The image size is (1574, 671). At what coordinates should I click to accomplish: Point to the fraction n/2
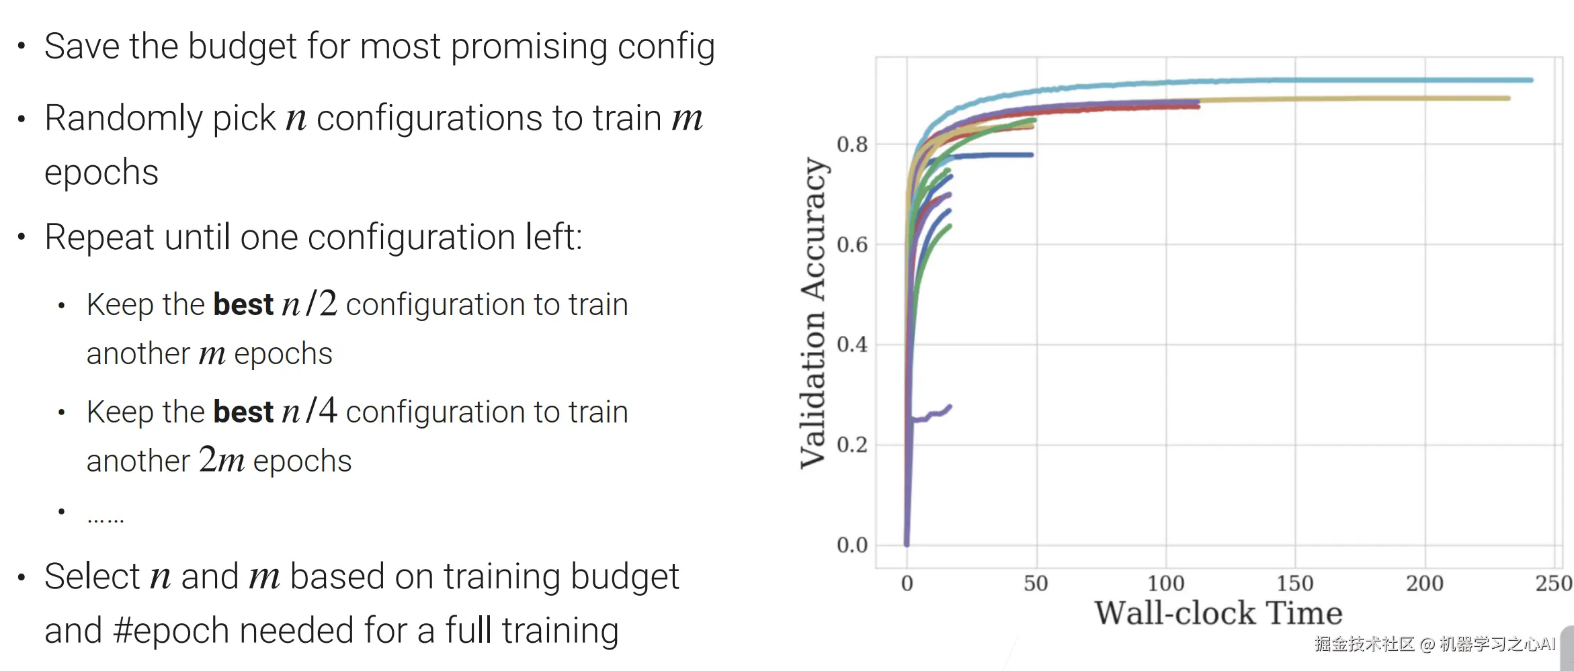(309, 304)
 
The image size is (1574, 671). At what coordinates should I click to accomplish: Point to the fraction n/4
(309, 412)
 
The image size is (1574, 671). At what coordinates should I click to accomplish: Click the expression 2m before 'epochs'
(222, 461)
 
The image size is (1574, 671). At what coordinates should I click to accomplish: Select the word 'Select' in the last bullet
(92, 577)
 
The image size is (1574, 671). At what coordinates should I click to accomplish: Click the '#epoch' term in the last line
(172, 631)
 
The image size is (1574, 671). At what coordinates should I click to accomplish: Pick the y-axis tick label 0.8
(852, 144)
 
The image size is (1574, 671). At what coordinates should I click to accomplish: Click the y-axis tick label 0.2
(852, 445)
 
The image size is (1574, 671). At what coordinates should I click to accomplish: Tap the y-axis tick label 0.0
(852, 545)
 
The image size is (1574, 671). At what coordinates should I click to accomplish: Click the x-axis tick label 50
(1036, 583)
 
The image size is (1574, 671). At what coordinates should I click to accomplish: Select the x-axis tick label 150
(1295, 583)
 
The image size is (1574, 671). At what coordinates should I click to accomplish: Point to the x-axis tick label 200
(1425, 583)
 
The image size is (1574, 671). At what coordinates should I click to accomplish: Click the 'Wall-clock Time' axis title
(1218, 613)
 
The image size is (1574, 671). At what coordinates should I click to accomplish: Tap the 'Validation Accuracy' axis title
(813, 313)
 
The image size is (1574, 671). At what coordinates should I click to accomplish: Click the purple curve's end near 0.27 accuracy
(950, 406)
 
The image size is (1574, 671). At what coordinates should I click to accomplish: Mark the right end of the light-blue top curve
(1531, 80)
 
